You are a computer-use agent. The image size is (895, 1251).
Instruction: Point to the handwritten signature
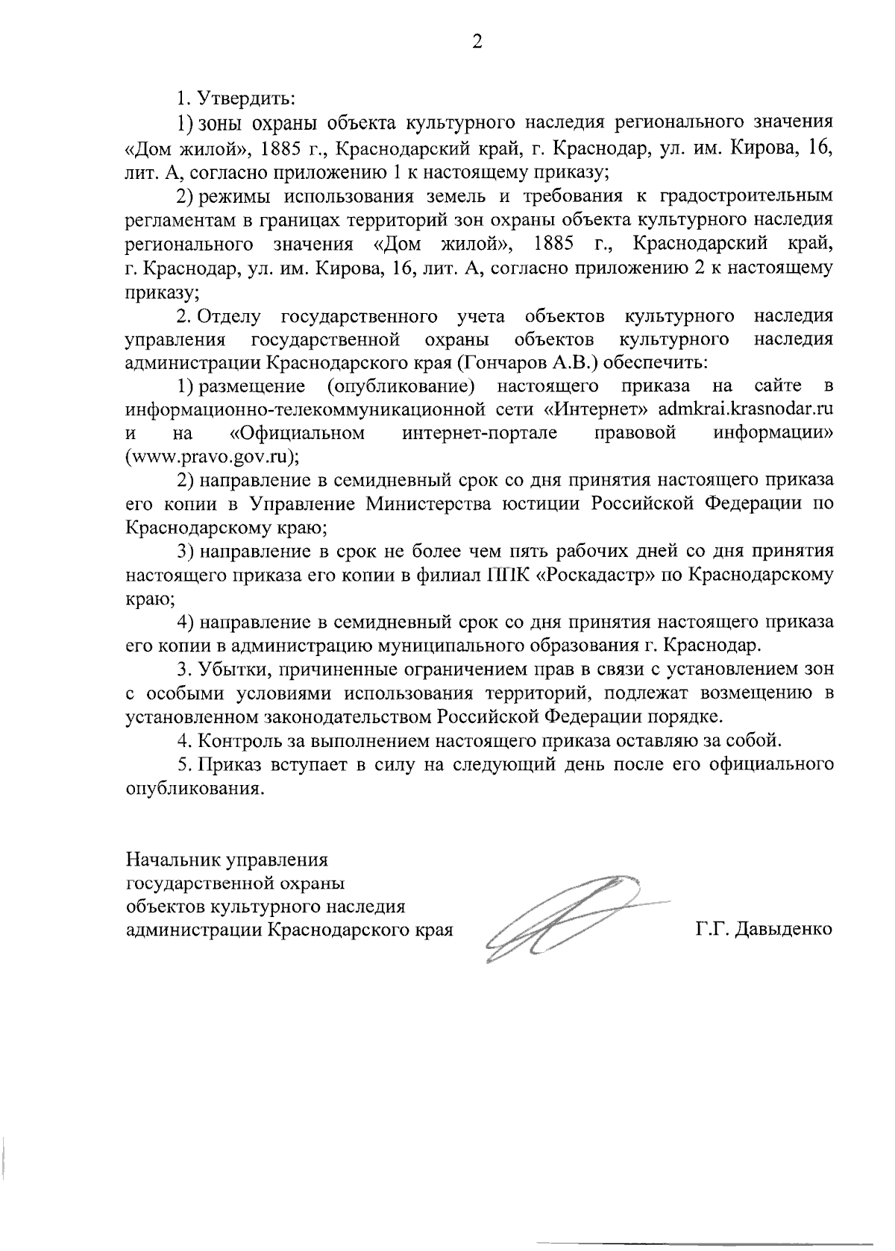click(x=567, y=918)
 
